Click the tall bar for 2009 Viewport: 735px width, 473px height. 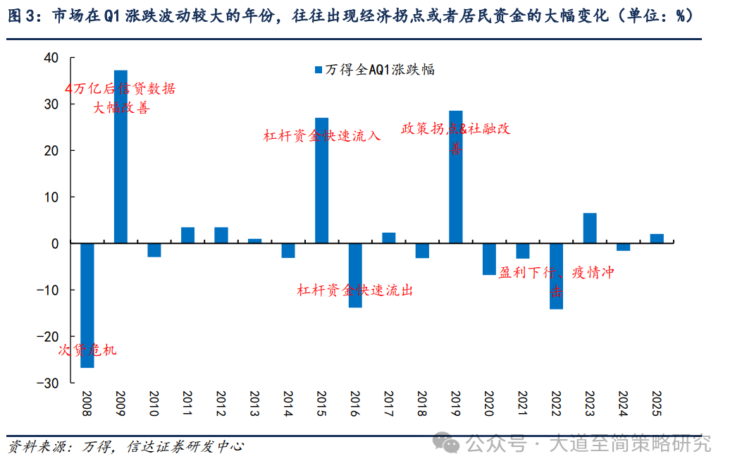pos(121,156)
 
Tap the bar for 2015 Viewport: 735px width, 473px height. pos(321,180)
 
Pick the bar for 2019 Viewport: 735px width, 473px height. pos(456,176)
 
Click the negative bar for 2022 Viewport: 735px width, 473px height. pos(557,276)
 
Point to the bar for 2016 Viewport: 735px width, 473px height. pos(355,275)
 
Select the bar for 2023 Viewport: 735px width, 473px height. pos(590,228)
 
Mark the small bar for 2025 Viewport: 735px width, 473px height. pos(657,238)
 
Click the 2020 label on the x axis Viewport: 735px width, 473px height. pos(489,404)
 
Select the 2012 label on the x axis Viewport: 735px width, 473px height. pos(221,404)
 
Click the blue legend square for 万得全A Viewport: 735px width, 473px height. pos(319,69)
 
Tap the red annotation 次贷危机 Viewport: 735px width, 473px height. pos(87,350)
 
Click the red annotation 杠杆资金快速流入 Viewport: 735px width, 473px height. pos(322,135)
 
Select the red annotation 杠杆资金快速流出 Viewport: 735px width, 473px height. pos(354,290)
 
